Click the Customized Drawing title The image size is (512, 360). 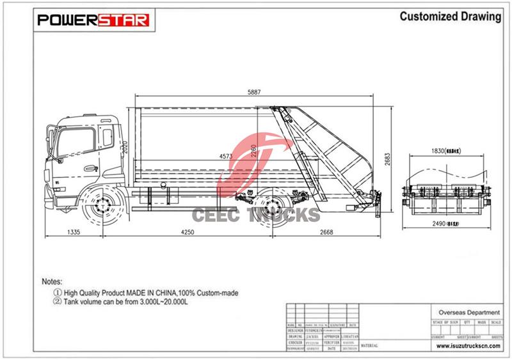450,17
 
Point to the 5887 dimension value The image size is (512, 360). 254,92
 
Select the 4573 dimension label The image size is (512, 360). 226,155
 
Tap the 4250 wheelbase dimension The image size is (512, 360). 188,232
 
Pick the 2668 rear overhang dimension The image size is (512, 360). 324,232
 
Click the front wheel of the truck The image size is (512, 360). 100,207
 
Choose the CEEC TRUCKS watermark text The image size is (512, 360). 256,214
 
